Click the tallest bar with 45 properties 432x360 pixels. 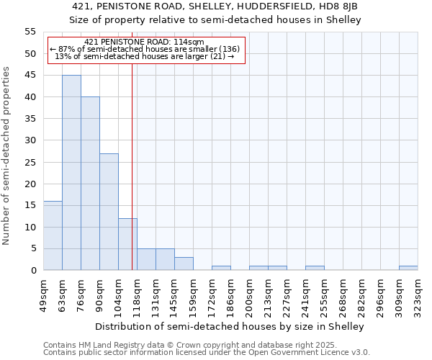click(71, 173)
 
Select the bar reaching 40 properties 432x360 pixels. click(90, 184)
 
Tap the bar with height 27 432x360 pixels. click(109, 212)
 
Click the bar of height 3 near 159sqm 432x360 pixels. click(184, 264)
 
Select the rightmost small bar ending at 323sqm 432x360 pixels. click(408, 269)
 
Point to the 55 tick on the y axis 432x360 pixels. click(30, 32)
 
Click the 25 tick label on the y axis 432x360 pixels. click(30, 162)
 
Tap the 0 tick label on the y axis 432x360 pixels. click(33, 271)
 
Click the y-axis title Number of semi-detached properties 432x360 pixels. click(6, 156)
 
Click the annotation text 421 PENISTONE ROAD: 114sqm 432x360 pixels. click(144, 42)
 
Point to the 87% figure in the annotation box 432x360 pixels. click(66, 49)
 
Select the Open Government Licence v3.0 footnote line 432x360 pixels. click(207, 353)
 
